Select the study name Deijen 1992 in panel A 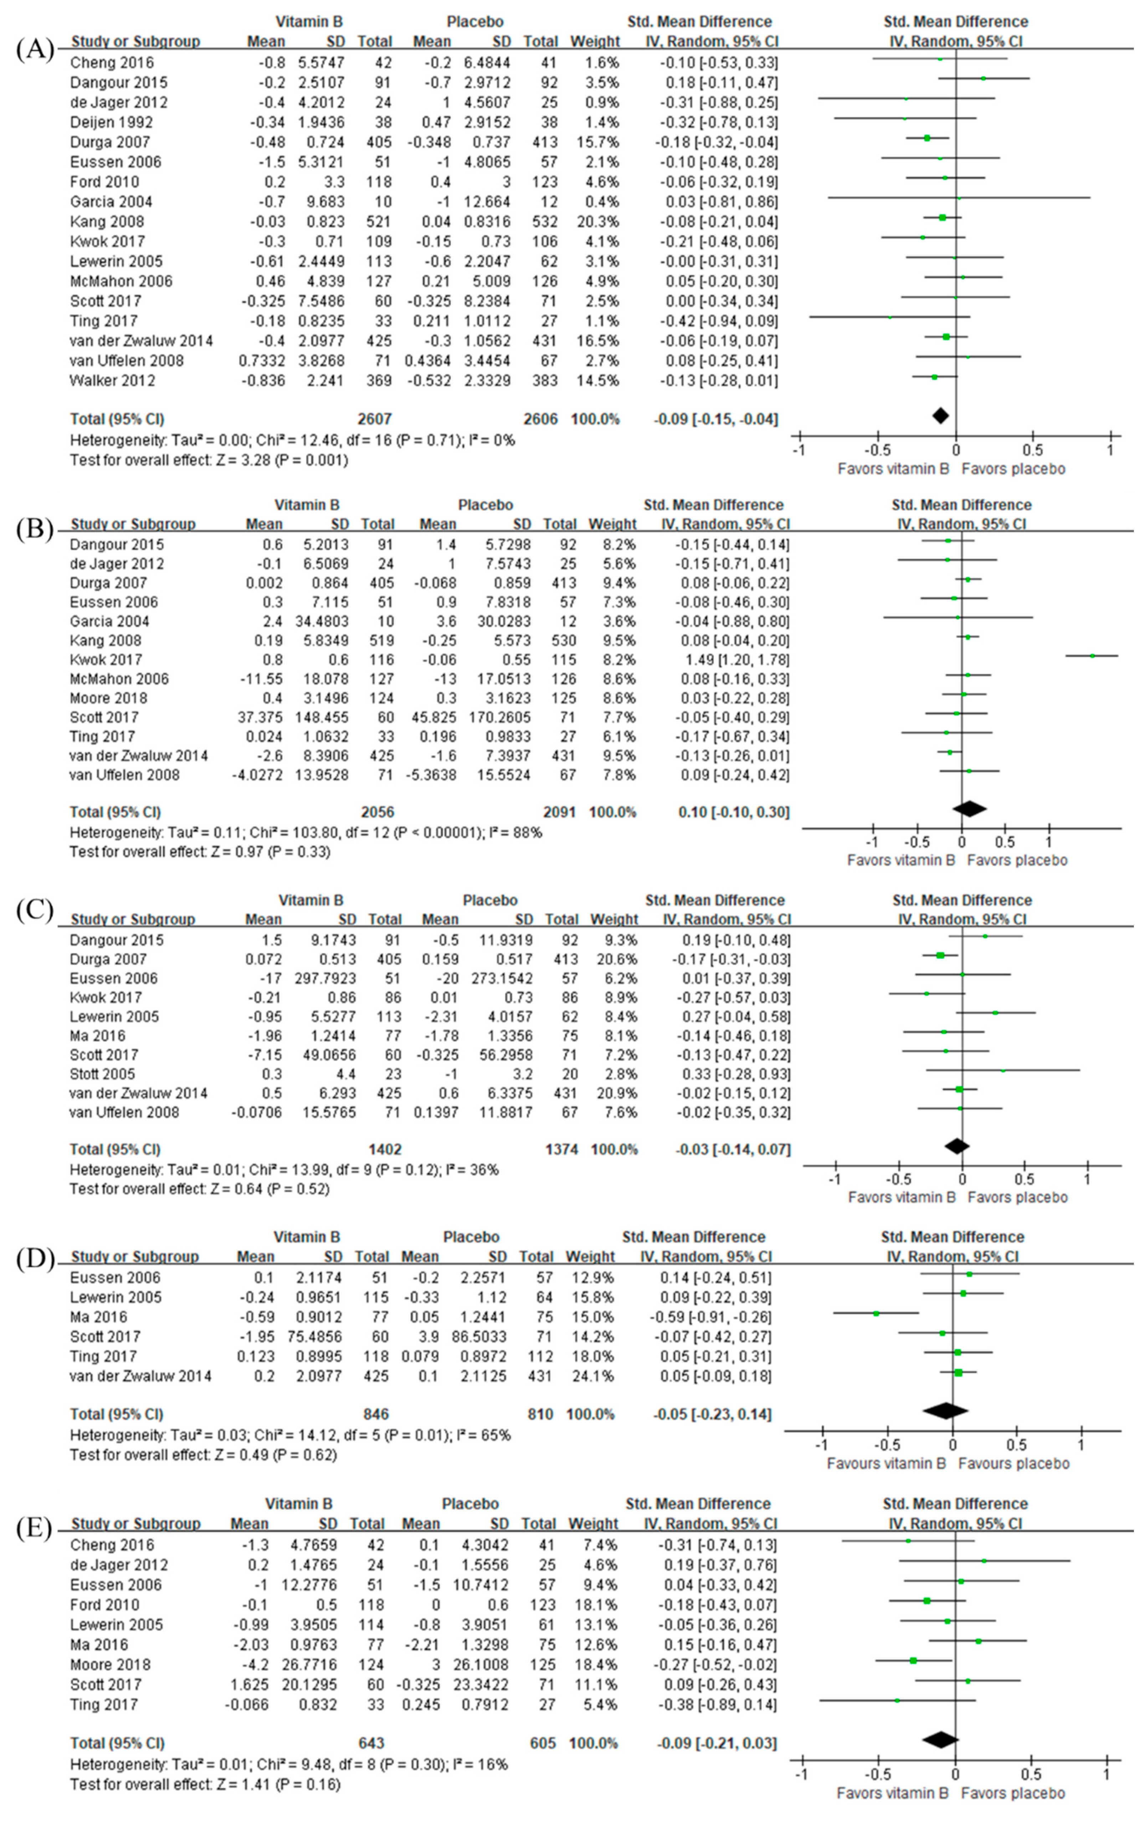coord(111,122)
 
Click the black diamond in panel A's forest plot coord(940,415)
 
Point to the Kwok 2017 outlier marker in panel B coord(1092,656)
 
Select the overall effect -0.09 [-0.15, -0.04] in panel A coord(716,419)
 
